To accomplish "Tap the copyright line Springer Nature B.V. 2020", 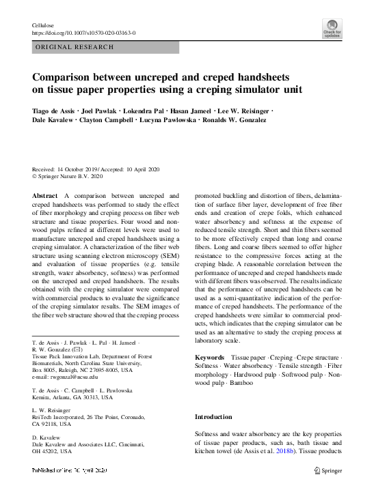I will tap(77, 177).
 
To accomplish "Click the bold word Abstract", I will tap(45, 195).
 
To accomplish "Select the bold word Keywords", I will tap(209, 358).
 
